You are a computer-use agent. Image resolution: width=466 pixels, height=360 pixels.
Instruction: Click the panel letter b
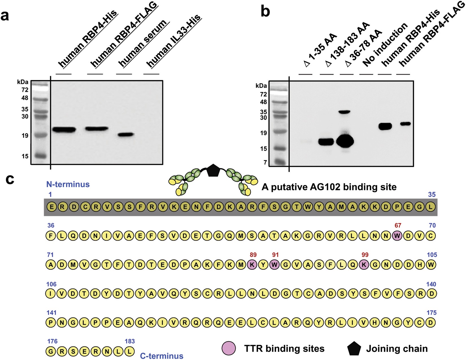265,11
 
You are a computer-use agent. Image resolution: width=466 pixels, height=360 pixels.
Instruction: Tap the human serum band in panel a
125,134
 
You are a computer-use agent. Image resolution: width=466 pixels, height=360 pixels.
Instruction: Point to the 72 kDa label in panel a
25,90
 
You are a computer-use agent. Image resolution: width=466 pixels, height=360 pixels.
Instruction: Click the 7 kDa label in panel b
265,162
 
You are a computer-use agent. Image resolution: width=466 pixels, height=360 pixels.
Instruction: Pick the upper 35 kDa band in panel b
344,112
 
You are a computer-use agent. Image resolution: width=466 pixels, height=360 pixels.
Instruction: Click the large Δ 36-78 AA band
345,141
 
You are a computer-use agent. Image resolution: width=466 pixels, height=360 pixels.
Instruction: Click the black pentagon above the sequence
213,171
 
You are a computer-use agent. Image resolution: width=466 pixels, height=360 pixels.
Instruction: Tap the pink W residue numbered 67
397,235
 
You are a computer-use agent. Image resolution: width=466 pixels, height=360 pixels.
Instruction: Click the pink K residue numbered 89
252,265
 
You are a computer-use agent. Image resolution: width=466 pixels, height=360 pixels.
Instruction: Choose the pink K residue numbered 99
364,265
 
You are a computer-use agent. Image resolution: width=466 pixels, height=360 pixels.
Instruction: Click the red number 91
275,255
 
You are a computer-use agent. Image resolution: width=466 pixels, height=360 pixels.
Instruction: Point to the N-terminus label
68,184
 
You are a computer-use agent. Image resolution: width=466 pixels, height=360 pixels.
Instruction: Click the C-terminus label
162,356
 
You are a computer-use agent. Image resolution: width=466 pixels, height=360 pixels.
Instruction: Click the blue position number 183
130,341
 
